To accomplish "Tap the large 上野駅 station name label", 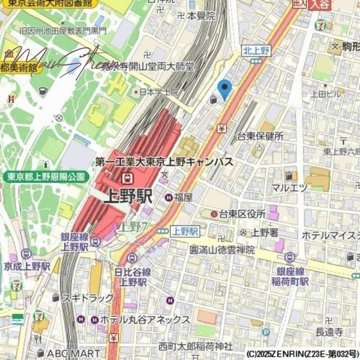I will pyautogui.click(x=128, y=197).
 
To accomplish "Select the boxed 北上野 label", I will pyautogui.click(x=256, y=50).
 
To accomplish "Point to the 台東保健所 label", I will pyautogui.click(x=261, y=136).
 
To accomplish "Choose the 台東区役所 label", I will pyautogui.click(x=242, y=214).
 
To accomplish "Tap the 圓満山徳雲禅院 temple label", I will pyautogui.click(x=222, y=250).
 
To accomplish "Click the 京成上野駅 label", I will pyautogui.click(x=27, y=266).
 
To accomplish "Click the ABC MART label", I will pyautogui.click(x=74, y=353).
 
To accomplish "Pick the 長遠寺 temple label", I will pyautogui.click(x=329, y=332).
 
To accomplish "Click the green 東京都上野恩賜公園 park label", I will pyautogui.click(x=46, y=176).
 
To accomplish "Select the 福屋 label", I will pyautogui.click(x=184, y=197).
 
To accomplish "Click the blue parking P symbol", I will pyautogui.click(x=266, y=332).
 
